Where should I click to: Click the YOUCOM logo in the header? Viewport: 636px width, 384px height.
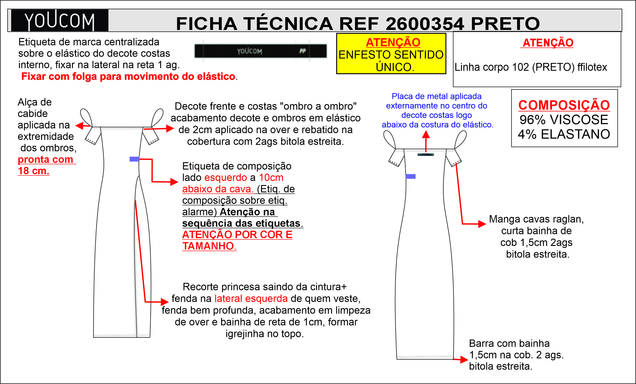pos(59,21)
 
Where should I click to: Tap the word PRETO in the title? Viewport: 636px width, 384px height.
pos(505,24)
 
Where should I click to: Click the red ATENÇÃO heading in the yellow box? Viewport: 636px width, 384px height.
pos(393,42)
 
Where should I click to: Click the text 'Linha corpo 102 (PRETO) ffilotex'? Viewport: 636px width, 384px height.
pos(530,67)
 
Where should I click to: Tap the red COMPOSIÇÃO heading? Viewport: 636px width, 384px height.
pos(564,105)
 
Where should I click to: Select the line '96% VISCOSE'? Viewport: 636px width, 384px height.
pos(564,120)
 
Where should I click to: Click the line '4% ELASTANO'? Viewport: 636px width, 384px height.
pos(564,134)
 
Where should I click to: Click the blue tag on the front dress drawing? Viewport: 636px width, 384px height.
pos(134,159)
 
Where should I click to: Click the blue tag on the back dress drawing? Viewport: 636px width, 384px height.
pos(410,176)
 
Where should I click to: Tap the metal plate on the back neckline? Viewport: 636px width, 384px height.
pos(426,155)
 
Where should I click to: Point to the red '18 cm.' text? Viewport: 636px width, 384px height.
pos(34,171)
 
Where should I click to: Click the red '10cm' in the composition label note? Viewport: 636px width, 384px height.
pos(271,177)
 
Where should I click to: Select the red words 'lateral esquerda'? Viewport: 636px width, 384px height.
pos(251,298)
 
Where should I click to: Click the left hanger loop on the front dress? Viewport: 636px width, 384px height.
pos(86,117)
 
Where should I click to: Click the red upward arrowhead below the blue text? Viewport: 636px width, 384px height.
pos(426,134)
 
